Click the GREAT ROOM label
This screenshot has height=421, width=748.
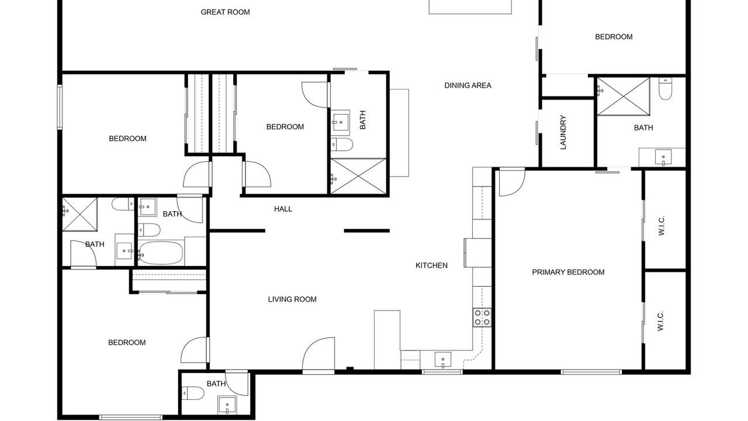point(225,12)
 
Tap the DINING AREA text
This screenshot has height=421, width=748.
point(467,85)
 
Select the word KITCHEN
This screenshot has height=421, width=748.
point(431,265)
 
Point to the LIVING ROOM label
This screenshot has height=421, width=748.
point(292,299)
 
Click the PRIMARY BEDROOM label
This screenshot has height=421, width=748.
point(568,272)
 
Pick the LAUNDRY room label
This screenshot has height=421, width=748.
point(563,132)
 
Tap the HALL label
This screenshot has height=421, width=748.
point(283,209)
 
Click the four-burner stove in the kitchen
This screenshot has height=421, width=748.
point(482,318)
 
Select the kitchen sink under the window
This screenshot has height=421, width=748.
point(443,360)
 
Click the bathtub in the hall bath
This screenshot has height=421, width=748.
point(161,253)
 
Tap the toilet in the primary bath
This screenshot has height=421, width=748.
point(665,88)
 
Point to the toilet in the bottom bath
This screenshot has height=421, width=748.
point(193,394)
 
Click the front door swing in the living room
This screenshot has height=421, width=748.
point(318,354)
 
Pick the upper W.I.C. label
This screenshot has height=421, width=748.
point(662,226)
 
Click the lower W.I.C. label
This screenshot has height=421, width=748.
point(660,321)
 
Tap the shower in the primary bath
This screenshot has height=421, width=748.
point(623,96)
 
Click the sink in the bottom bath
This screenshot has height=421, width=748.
point(227,405)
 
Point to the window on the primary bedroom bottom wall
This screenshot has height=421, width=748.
point(591,372)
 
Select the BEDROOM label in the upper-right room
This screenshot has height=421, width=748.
point(614,37)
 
